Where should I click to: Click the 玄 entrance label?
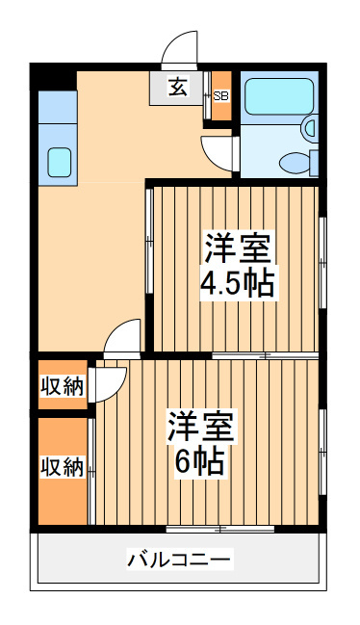tap(178, 88)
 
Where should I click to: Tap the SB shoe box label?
tap(221, 95)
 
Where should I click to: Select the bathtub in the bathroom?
tap(279, 96)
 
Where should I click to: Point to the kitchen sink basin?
tap(60, 162)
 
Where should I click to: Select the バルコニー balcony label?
tap(179, 560)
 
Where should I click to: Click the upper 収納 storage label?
tap(63, 386)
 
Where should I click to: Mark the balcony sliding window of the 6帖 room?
tap(220, 530)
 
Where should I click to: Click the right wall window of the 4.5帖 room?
tap(323, 263)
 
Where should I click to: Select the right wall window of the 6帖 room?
tap(323, 452)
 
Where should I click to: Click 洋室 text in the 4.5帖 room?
tap(238, 247)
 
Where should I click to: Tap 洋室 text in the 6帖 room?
tap(200, 426)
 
